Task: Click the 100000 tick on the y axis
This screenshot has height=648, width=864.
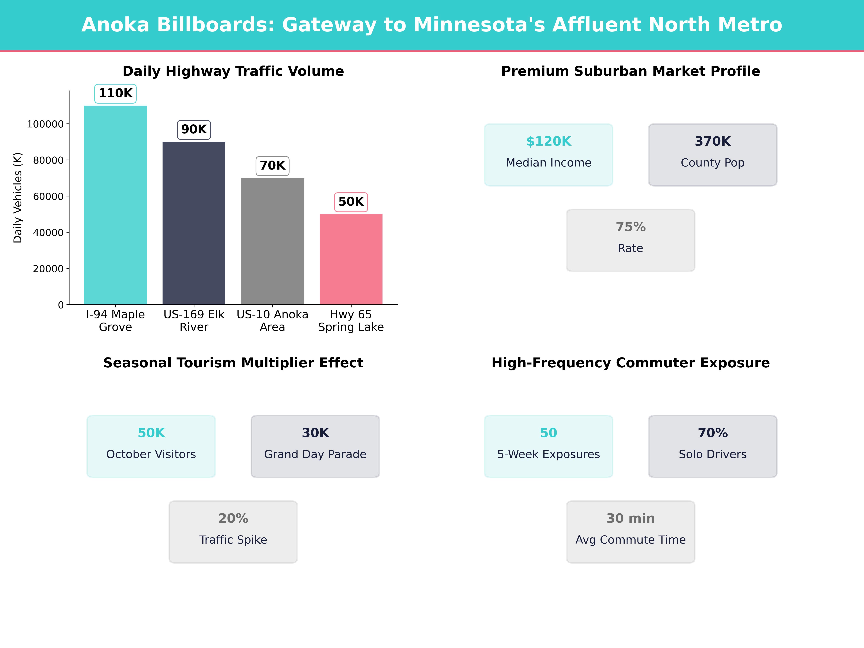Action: pyautogui.click(x=45, y=124)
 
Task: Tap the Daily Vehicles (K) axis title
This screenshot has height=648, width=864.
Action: pyautogui.click(x=18, y=198)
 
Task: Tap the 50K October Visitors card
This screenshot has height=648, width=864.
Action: pyautogui.click(x=151, y=446)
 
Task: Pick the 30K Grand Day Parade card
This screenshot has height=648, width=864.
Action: pyautogui.click(x=315, y=446)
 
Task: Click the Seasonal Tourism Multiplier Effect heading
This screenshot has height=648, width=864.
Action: pyautogui.click(x=233, y=363)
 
